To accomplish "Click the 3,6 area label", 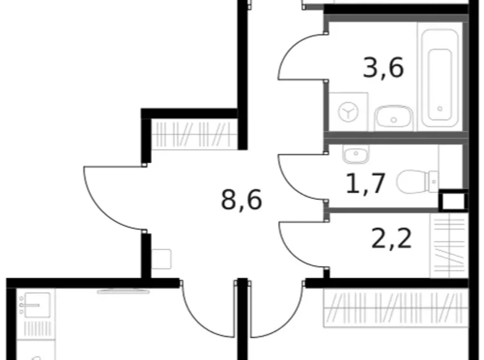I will (383, 67).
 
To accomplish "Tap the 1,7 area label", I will (366, 183).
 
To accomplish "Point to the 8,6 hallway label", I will (241, 200).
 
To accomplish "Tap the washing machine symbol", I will (348, 112).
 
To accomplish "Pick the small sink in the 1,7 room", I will (356, 154).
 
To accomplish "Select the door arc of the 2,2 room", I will (295, 246).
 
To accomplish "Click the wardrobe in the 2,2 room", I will (448, 245).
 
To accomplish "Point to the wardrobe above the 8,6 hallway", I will (194, 133).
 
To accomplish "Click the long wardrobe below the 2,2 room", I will (395, 308).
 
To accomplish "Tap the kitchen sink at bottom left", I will (36, 305).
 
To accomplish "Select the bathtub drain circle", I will (439, 109).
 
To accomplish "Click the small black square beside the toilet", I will (452, 200).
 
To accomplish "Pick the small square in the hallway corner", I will (161, 258).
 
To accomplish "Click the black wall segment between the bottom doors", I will (243, 317).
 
